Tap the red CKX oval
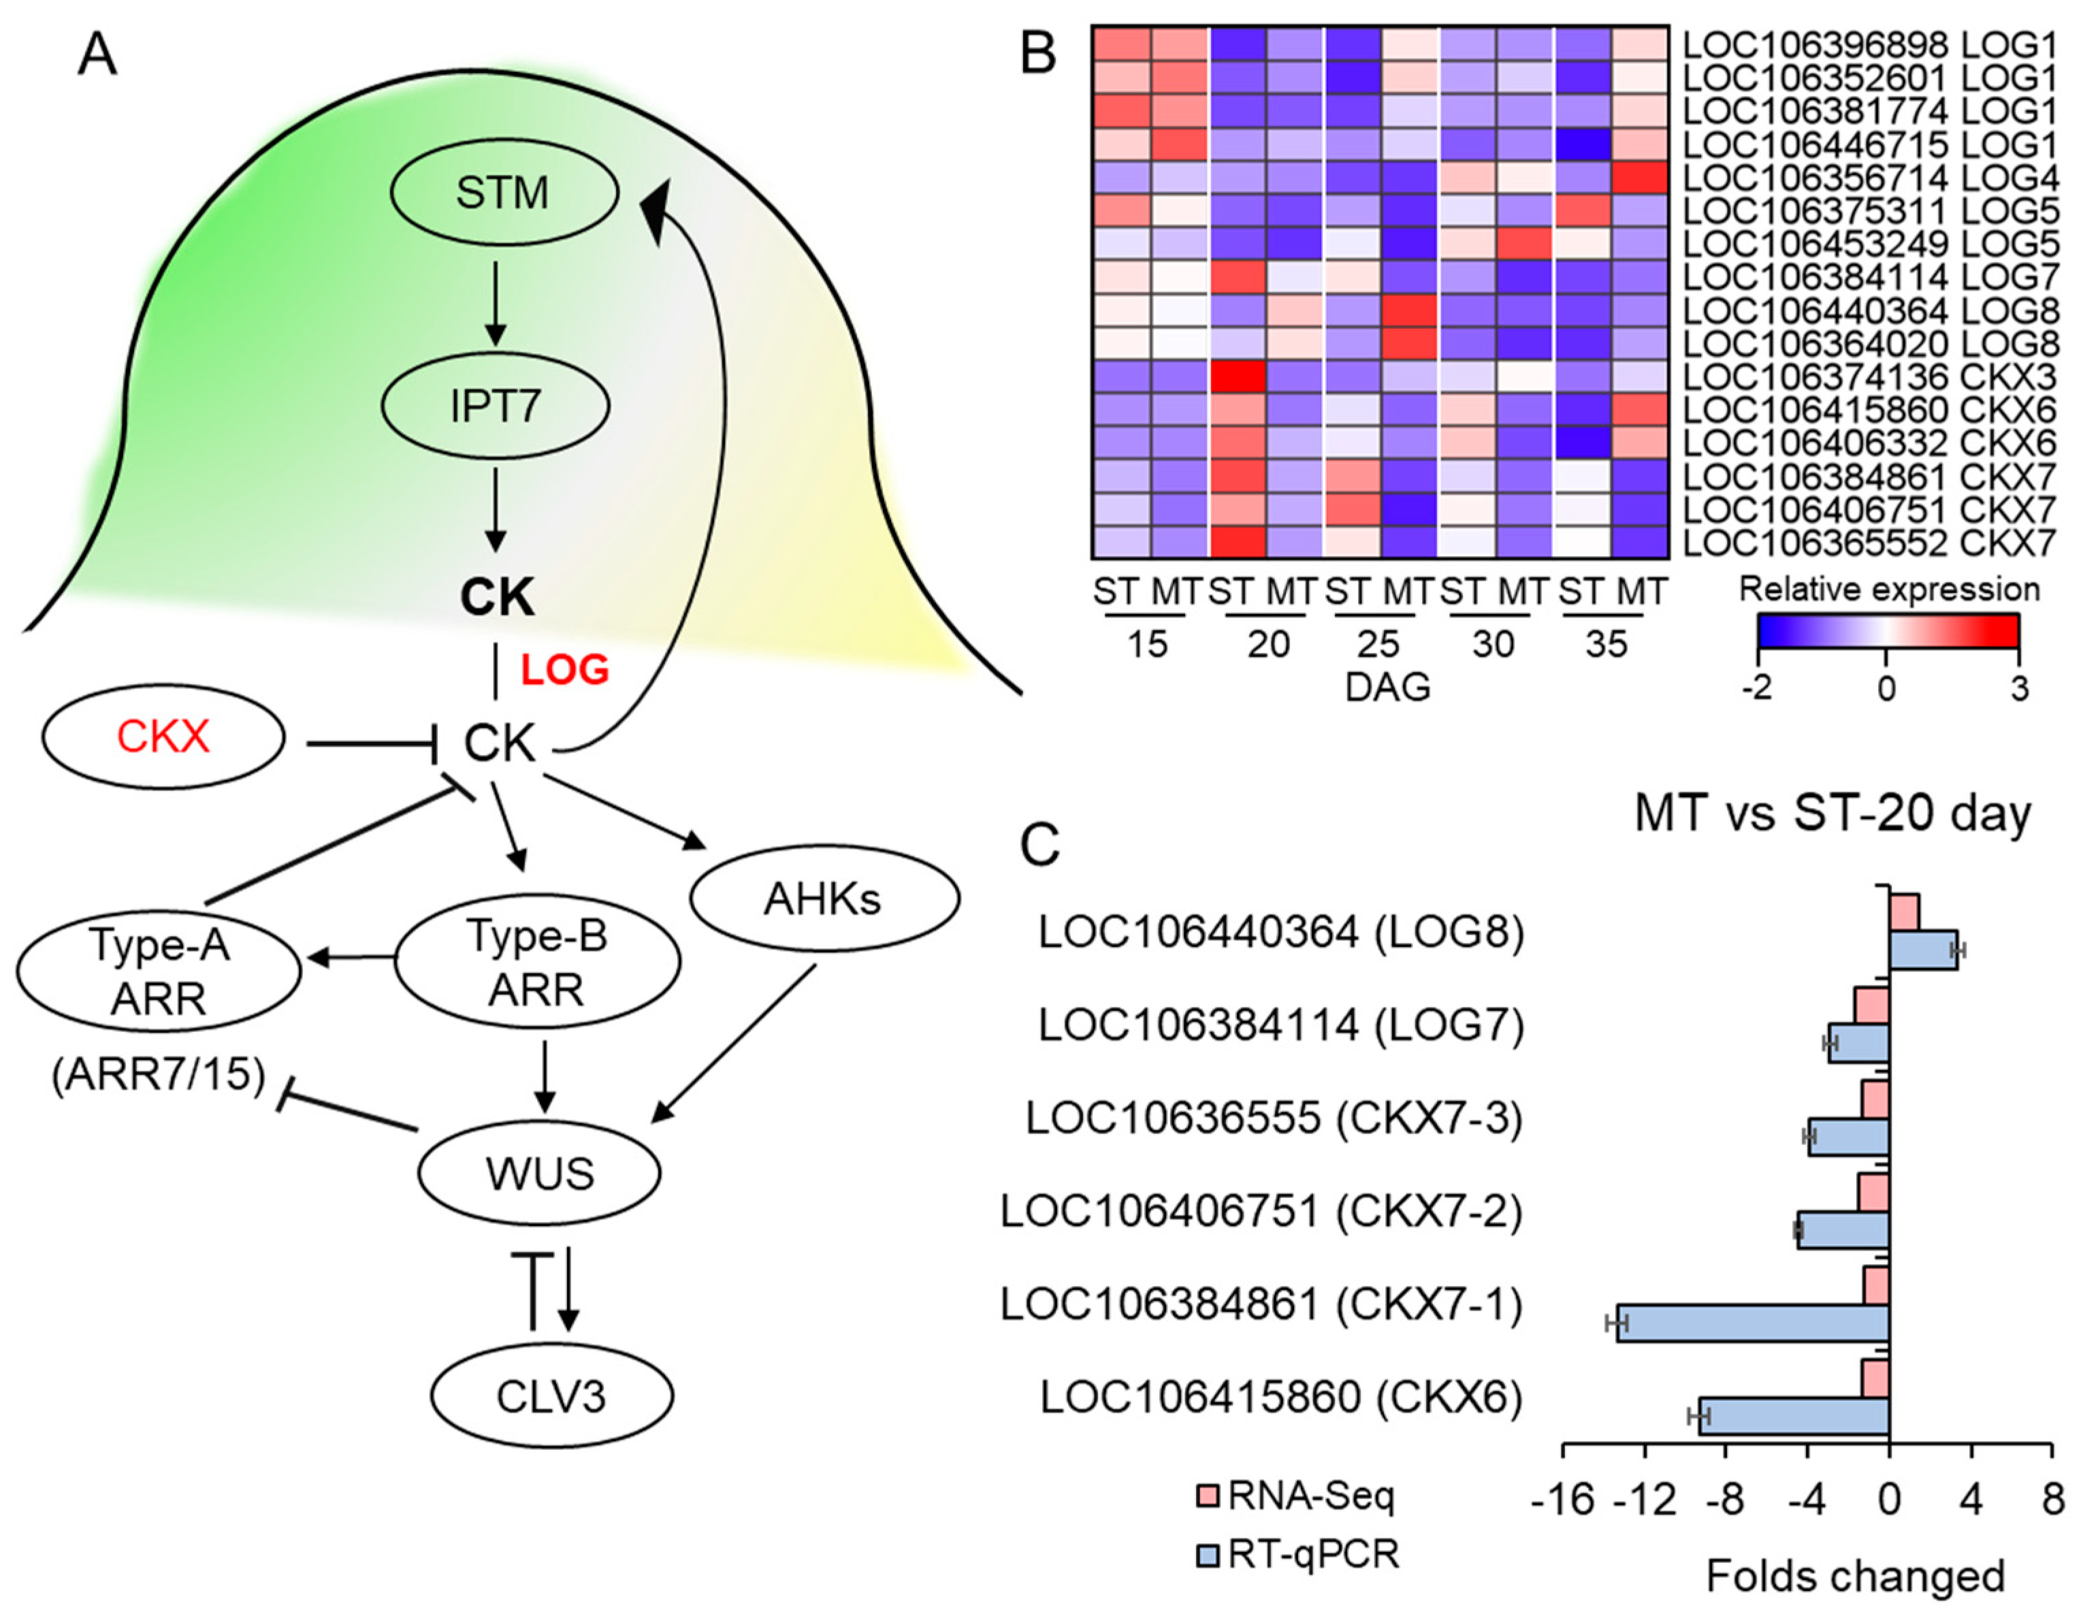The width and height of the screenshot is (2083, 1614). (163, 737)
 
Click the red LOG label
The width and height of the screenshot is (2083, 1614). (564, 671)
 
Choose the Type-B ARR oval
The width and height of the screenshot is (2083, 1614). (537, 963)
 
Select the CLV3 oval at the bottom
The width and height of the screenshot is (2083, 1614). (551, 1397)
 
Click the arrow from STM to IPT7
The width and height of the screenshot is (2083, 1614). (494, 304)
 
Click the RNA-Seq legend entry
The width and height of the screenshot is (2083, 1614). (1297, 1496)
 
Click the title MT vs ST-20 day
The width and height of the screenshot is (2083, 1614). (1832, 813)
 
